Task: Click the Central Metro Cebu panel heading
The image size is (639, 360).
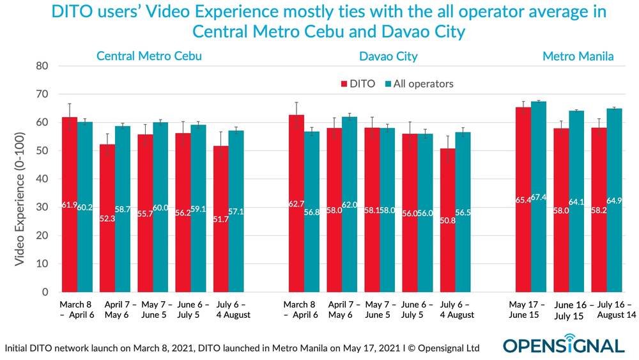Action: pos(149,56)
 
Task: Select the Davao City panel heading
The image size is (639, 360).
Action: pos(388,56)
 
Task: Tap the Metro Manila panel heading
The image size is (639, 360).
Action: pos(578,56)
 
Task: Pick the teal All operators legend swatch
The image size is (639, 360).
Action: pos(387,84)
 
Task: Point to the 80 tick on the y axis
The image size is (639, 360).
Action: pos(42,66)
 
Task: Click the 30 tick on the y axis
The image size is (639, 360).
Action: pos(42,207)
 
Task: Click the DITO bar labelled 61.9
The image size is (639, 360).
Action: pos(69,205)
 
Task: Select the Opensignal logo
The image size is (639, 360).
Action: pos(563,346)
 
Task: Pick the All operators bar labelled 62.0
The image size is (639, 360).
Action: pos(350,204)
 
